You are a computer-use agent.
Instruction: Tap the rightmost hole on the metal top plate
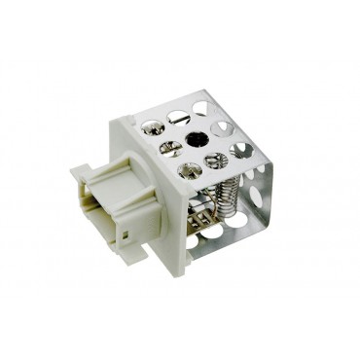[241, 148]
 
